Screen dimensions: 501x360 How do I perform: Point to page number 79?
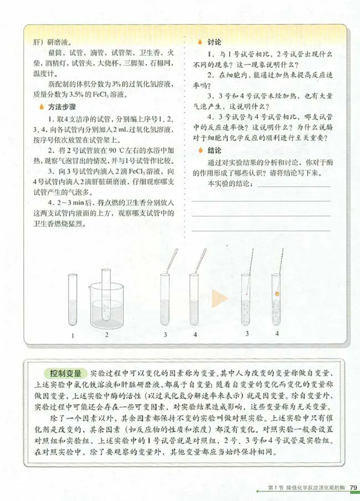pyautogui.click(x=353, y=488)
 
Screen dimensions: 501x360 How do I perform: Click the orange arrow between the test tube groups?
pyautogui.click(x=220, y=298)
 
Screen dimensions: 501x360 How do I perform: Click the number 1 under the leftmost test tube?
pyautogui.click(x=72, y=335)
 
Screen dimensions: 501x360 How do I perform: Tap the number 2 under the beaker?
pyautogui.click(x=107, y=335)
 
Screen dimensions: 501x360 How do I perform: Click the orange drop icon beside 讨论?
pyautogui.click(x=200, y=42)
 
